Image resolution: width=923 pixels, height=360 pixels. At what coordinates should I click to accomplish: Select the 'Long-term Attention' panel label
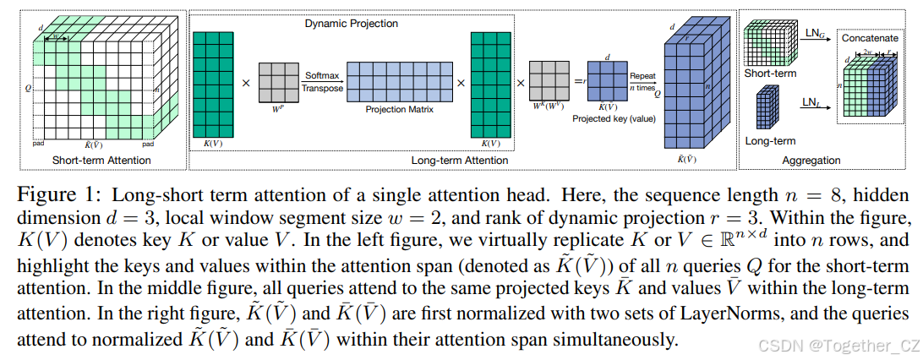[459, 161]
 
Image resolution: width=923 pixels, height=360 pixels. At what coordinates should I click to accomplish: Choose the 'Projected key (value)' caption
[614, 118]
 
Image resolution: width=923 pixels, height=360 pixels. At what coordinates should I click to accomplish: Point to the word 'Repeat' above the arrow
[642, 75]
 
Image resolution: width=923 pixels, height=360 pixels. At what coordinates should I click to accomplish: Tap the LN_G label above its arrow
[815, 33]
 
